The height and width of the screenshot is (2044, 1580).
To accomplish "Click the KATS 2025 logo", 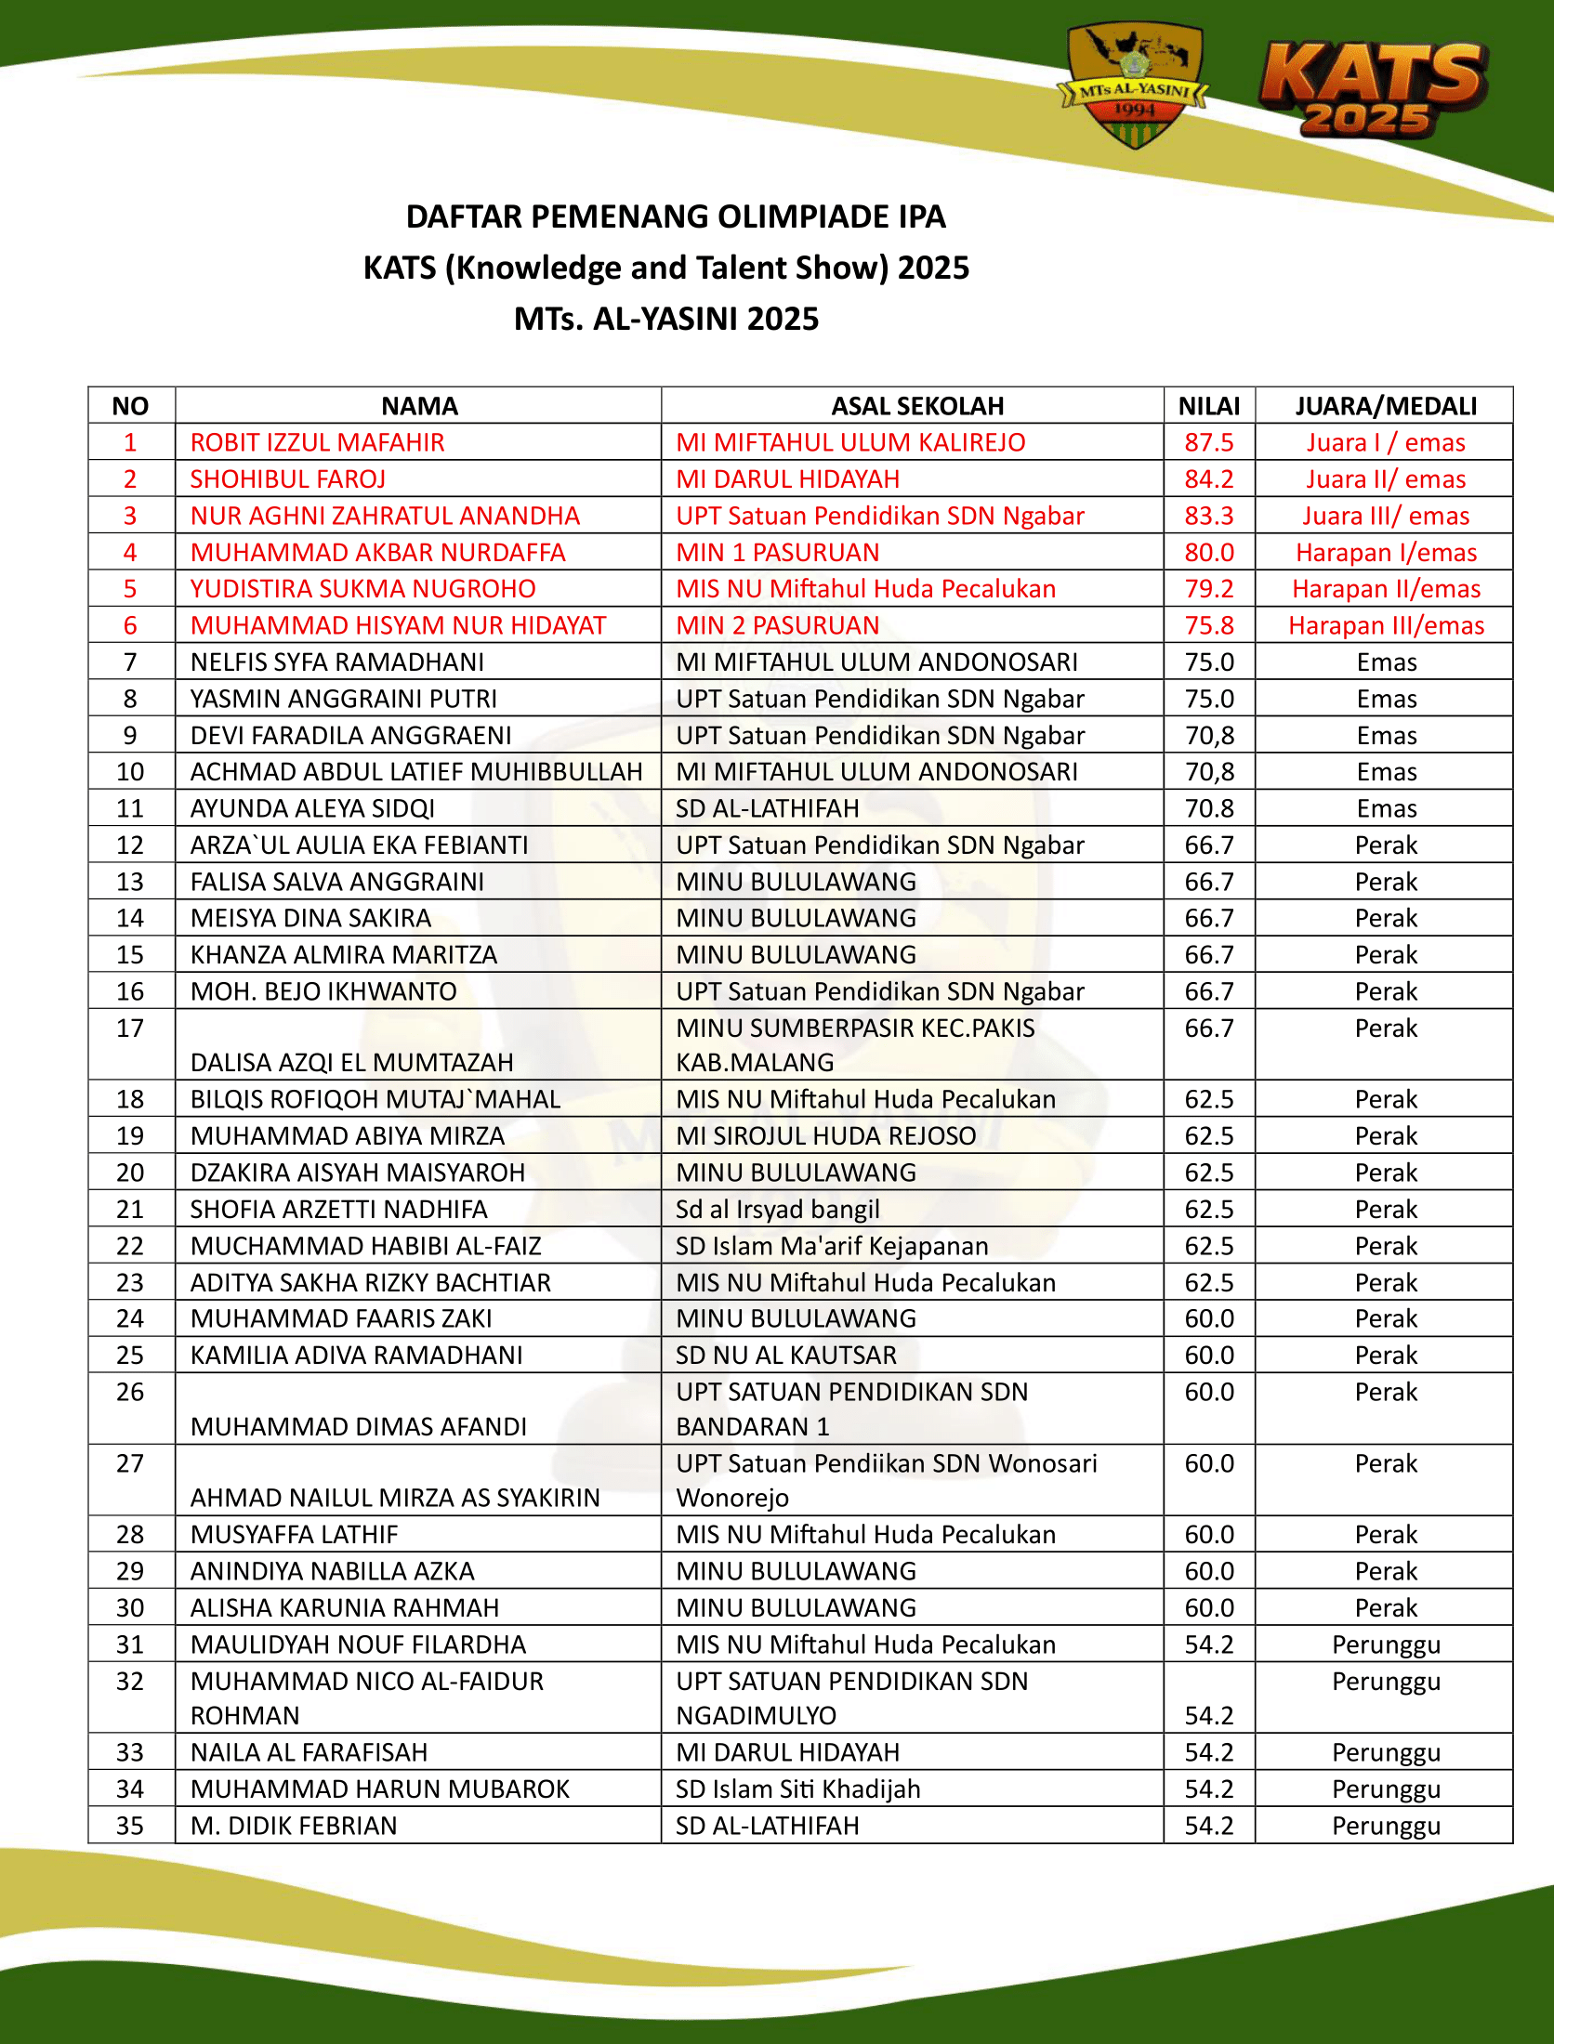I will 1370,90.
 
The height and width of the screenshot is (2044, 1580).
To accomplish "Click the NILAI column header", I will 1208,406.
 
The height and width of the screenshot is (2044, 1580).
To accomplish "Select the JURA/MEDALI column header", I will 1386,406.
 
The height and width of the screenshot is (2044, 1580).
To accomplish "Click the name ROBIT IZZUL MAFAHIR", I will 317,442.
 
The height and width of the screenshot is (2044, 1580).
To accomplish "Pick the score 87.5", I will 1208,442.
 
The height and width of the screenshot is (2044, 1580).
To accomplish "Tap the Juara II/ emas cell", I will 1386,479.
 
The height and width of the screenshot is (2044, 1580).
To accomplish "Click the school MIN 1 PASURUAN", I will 777,552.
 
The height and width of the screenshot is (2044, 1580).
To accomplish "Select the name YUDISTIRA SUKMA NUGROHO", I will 363,589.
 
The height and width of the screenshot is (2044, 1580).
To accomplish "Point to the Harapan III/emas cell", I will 1386,625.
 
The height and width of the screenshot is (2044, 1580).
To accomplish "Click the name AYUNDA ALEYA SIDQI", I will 312,808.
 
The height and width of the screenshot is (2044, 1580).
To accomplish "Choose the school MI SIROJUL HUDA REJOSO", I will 825,1136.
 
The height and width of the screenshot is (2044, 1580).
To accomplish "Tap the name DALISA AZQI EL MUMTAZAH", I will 352,1062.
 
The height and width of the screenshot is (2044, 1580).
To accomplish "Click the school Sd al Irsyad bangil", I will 777,1209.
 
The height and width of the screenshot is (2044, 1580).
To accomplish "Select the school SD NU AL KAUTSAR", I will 786,1356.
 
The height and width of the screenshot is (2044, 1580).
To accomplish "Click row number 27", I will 130,1463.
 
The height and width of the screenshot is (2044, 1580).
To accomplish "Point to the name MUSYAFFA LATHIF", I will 294,1535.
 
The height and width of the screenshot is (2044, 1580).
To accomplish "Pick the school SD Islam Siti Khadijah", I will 797,1789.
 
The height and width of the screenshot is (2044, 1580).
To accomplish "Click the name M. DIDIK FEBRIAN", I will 294,1826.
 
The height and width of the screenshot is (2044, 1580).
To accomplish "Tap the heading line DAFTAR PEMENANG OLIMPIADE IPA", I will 675,217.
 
